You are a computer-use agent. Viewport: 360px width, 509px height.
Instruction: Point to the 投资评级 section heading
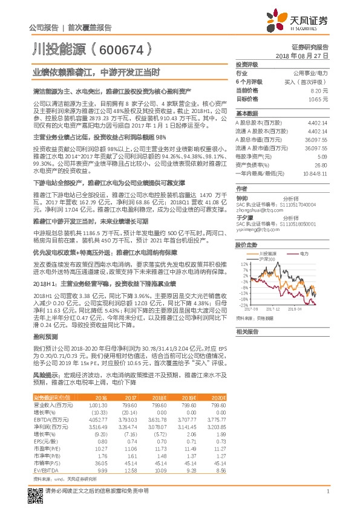pos(247,64)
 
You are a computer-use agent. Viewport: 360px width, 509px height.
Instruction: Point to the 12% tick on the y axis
pos(244,264)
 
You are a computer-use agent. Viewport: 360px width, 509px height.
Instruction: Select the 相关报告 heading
pos(247,331)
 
